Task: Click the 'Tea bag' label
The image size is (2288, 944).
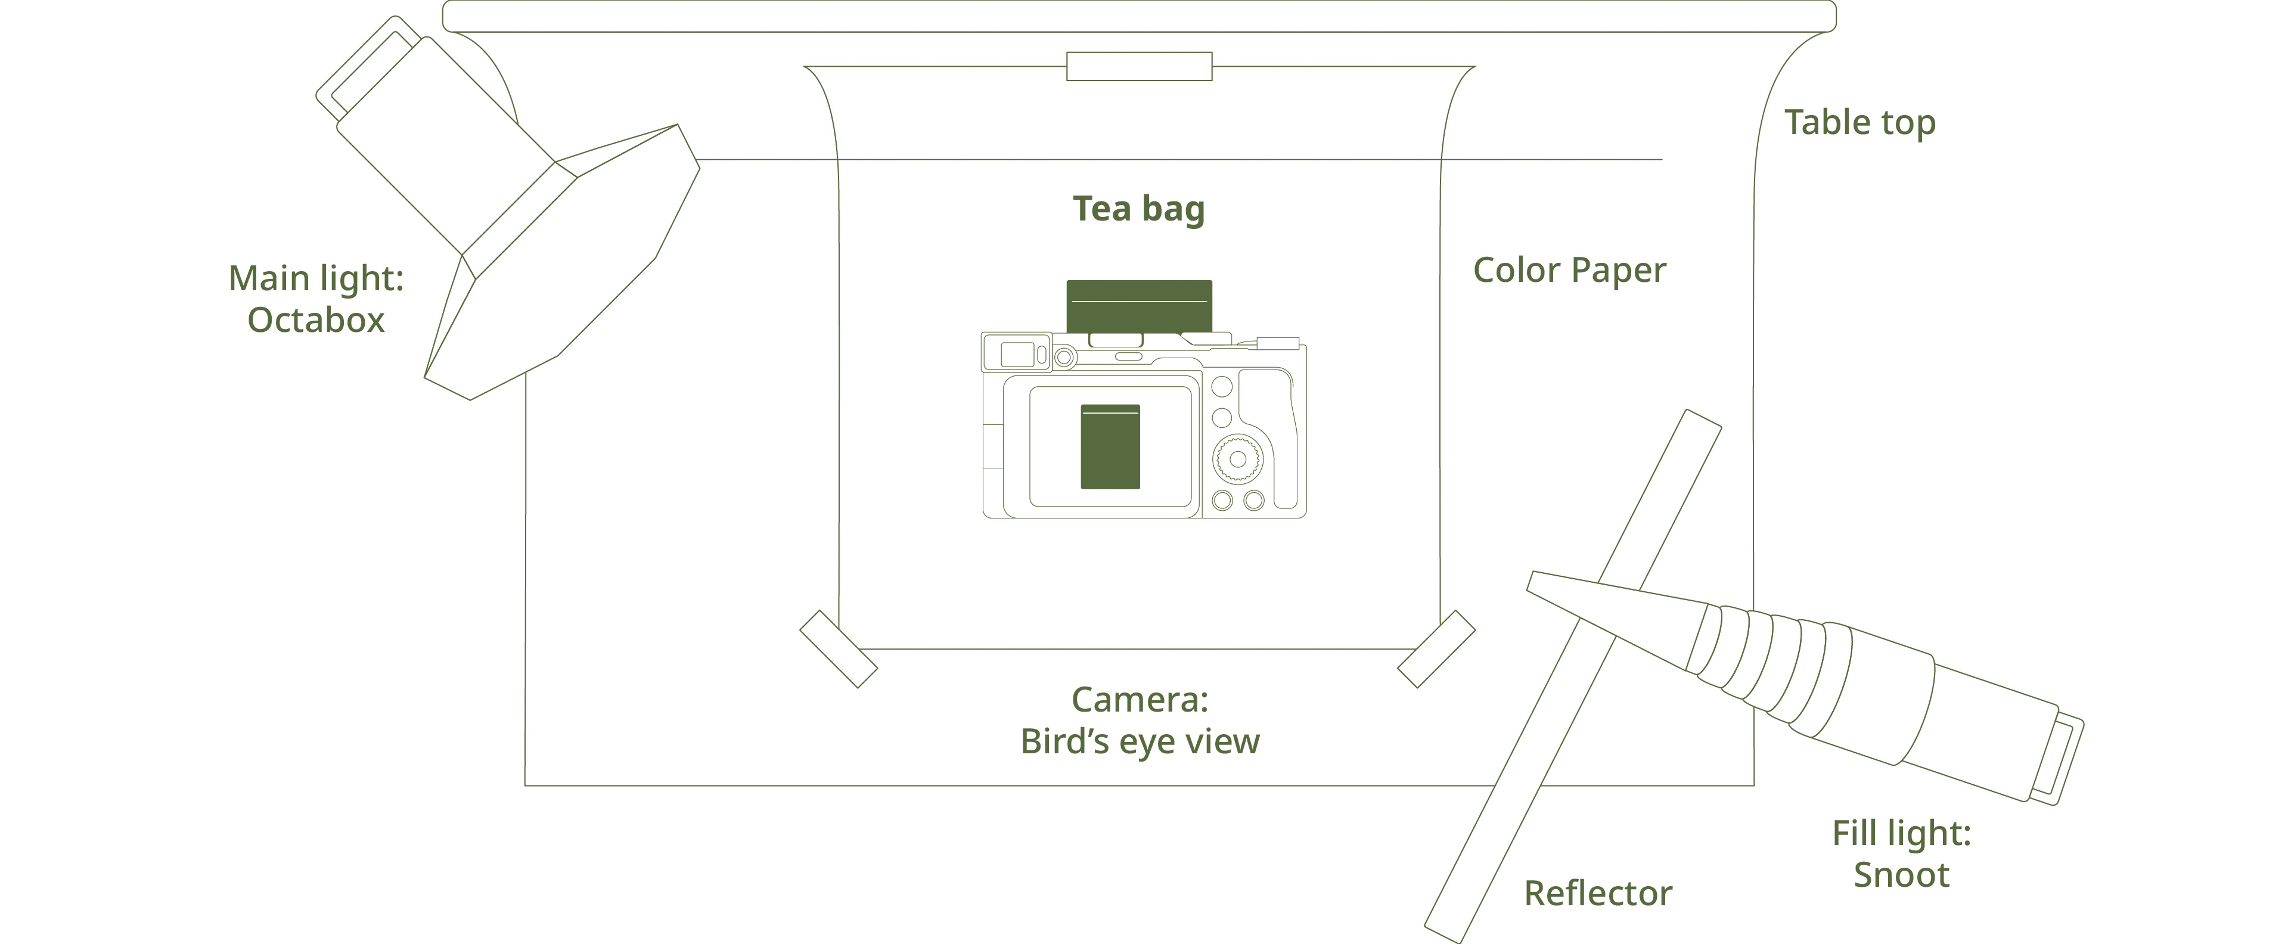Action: click(1139, 209)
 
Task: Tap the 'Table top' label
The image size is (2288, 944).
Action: click(1861, 123)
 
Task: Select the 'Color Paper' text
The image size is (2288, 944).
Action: click(1569, 270)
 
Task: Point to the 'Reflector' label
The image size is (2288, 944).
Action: click(1598, 893)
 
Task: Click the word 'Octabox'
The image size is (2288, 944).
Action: click(316, 319)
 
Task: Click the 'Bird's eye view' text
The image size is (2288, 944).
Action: click(1140, 741)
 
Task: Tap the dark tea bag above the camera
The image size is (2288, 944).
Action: click(1139, 306)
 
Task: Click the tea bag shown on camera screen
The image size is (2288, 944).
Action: click(1110, 447)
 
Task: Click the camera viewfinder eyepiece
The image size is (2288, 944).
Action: click(1016, 353)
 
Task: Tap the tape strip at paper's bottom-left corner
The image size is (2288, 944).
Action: click(839, 649)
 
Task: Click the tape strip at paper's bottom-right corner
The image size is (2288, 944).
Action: click(1436, 649)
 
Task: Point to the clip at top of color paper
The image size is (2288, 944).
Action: click(1140, 67)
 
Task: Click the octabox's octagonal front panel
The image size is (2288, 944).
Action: click(562, 263)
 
